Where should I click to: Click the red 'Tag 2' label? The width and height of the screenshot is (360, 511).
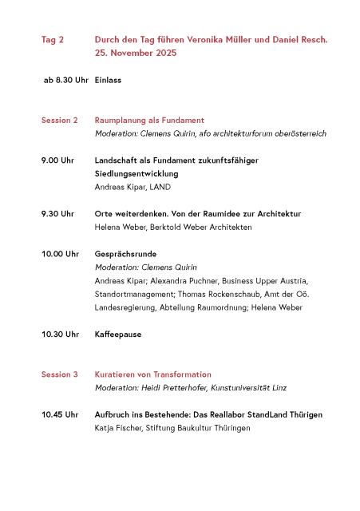[x=53, y=39]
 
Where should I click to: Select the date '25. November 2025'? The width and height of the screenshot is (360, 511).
[x=136, y=53]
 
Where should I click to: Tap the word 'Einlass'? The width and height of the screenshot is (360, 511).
[x=108, y=81]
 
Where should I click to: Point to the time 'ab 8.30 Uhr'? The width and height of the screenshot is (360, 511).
[x=65, y=81]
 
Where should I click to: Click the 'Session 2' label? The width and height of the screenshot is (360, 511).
[x=60, y=121]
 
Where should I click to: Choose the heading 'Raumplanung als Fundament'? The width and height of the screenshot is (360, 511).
[x=149, y=121]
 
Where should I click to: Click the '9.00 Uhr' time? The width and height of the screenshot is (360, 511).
[x=58, y=160]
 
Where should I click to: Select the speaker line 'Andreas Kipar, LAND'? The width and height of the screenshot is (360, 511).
[x=133, y=187]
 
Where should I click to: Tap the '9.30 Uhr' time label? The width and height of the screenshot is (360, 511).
[x=58, y=214]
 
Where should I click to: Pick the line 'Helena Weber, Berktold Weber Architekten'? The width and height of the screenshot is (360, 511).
[x=173, y=228]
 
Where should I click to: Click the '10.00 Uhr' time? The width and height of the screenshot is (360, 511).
[x=60, y=254]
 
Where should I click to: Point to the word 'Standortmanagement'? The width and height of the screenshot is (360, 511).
[x=132, y=294]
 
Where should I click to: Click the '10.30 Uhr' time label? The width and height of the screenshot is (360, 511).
[x=60, y=335]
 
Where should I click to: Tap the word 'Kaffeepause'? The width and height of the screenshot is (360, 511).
[x=118, y=335]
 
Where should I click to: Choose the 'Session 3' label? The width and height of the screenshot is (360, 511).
[x=60, y=374]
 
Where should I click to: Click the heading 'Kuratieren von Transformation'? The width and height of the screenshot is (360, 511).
[x=153, y=374]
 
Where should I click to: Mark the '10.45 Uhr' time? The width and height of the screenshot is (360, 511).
[x=60, y=414]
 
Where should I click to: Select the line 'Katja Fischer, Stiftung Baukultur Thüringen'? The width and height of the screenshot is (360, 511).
[x=172, y=428]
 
